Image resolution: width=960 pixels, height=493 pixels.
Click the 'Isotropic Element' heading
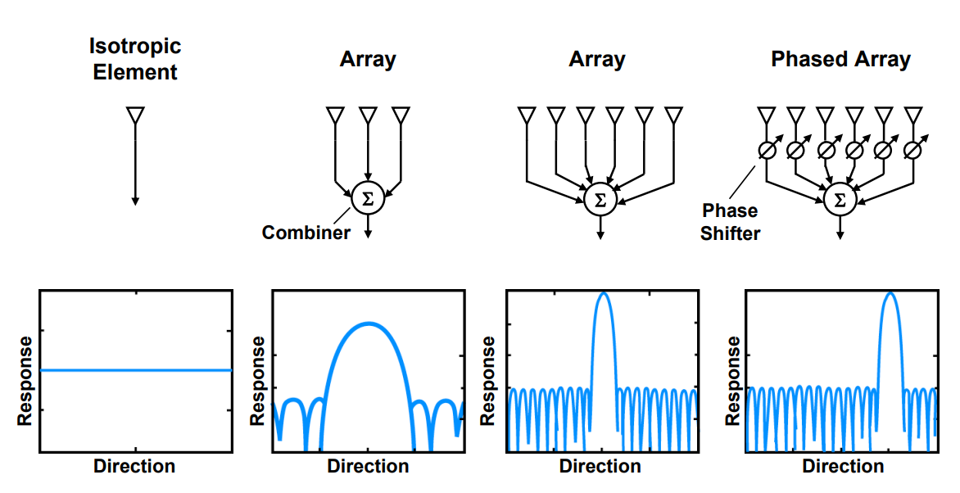pos(135,59)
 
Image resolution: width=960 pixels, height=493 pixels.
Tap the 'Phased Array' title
pos(840,60)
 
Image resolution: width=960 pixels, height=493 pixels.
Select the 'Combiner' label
pos(306,233)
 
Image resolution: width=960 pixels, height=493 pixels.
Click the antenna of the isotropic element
pos(135,115)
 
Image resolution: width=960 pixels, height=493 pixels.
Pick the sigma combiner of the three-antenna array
pos(368,198)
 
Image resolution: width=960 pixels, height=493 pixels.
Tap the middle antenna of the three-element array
pos(368,115)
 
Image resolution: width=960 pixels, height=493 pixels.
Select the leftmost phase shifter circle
pos(767,150)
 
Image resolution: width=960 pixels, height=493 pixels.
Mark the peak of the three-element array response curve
pos(368,323)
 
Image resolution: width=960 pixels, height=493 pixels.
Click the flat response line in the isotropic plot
pos(135,370)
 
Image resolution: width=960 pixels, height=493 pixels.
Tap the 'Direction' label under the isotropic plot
pos(134,467)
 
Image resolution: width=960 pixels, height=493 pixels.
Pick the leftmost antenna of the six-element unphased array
pos(526,115)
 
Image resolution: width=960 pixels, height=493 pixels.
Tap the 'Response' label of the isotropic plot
pos(25,381)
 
